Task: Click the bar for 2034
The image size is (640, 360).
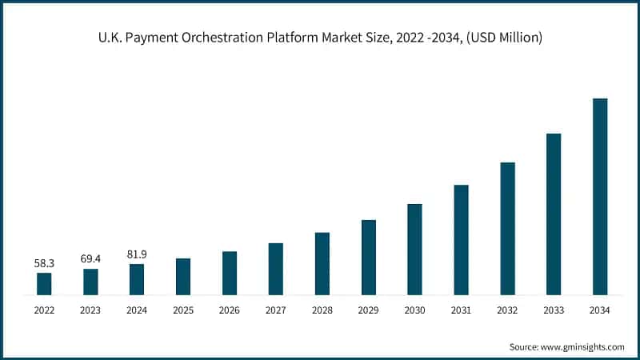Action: pos(600,197)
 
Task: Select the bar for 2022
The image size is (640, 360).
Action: pos(44,284)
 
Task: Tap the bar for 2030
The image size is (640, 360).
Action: pos(414,250)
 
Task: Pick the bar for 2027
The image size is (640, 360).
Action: pos(276,269)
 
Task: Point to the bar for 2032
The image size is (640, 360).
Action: pos(507,229)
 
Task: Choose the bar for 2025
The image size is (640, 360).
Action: pos(183,277)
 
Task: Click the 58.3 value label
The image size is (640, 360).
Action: pos(44,262)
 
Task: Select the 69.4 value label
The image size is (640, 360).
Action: pos(90,258)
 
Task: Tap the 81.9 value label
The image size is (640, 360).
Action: pos(137,254)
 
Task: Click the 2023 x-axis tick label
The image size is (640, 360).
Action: pos(90,310)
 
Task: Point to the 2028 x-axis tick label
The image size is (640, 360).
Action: pos(322,310)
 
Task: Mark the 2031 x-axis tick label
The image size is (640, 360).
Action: pos(461,310)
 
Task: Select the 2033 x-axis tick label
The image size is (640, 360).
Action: pos(554,310)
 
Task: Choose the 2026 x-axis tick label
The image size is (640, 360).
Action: pos(230,310)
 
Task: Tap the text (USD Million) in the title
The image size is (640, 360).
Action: pos(506,38)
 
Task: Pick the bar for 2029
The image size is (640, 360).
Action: pos(368,258)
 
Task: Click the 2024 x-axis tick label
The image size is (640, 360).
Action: pos(137,310)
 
